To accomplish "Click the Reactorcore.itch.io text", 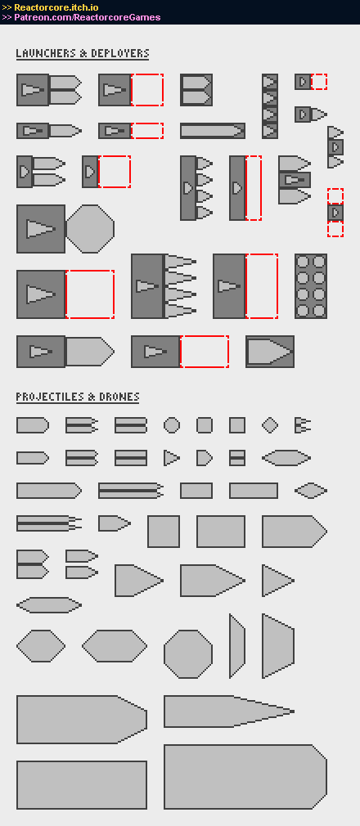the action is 56,7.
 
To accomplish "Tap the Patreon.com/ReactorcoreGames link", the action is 87,17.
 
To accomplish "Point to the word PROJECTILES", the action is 48,397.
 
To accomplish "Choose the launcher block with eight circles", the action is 310,286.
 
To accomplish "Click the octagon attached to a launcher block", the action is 90,229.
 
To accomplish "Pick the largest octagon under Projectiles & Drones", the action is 188,653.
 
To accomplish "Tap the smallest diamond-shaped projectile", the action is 270,425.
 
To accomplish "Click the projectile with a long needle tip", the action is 229,712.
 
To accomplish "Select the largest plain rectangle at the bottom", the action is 82,785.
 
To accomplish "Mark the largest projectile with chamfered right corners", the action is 245,776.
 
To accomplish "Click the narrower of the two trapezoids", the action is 237,646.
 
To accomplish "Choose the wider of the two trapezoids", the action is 278,646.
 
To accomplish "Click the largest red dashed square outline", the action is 90,294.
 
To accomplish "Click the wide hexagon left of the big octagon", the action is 115,646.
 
